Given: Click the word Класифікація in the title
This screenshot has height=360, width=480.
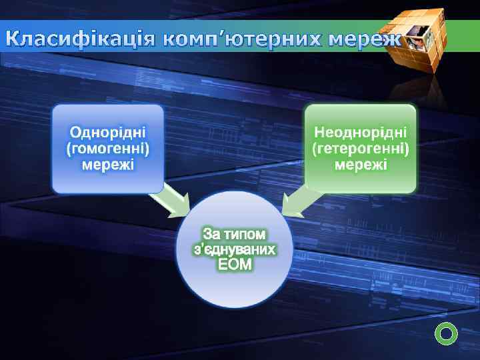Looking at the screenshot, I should pyautogui.click(x=81, y=39).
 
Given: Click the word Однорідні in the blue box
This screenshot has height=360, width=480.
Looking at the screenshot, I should pyautogui.click(x=108, y=130).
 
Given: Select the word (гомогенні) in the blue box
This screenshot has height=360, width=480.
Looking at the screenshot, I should pyautogui.click(x=108, y=147).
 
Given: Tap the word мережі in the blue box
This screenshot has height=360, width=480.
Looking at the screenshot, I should pyautogui.click(x=108, y=163).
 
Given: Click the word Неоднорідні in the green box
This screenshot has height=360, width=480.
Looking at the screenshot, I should pyautogui.click(x=361, y=130).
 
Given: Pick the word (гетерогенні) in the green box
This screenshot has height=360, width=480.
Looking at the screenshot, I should pyautogui.click(x=361, y=147).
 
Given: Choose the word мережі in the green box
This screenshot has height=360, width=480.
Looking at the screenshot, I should pyautogui.click(x=361, y=163).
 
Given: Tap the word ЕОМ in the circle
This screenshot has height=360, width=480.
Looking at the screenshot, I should pyautogui.click(x=235, y=265).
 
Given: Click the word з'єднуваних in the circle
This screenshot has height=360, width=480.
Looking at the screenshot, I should pyautogui.click(x=234, y=249).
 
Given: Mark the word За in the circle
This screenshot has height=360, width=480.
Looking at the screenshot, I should pyautogui.click(x=211, y=234).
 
